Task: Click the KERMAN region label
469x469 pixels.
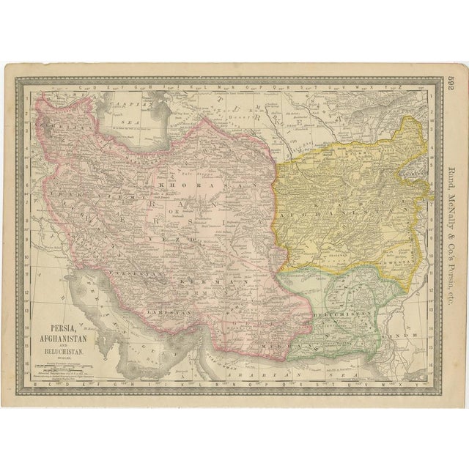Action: [220, 281]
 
